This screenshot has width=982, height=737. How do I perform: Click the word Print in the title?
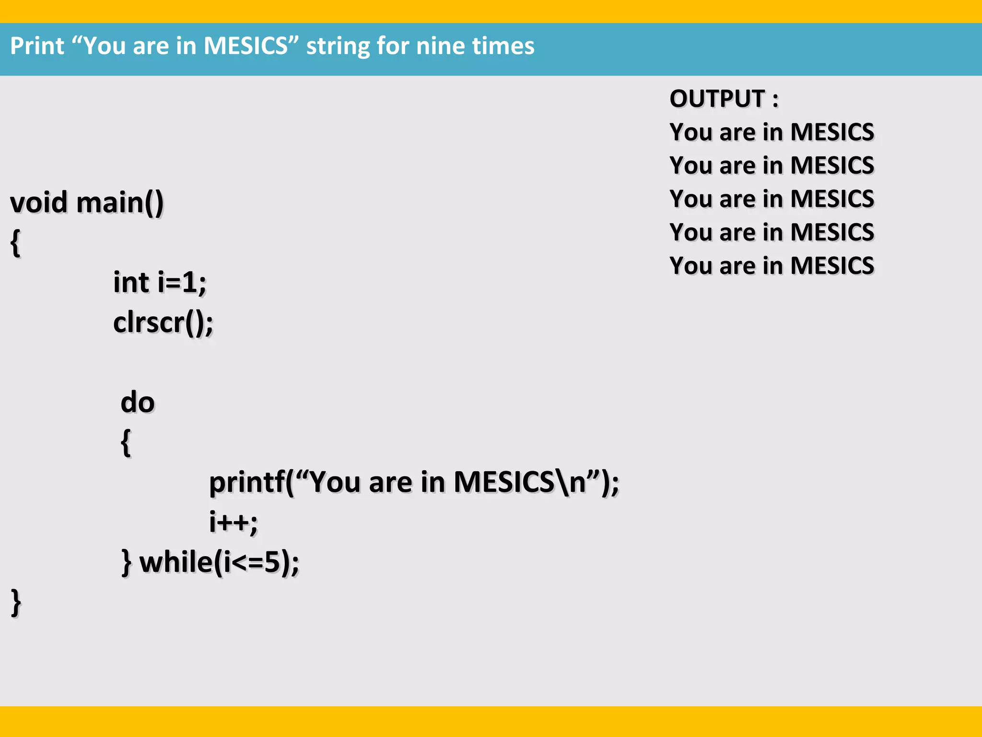tap(37, 47)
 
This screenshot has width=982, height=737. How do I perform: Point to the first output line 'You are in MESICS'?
tap(772, 132)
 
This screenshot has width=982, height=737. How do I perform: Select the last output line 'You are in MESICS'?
tap(772, 265)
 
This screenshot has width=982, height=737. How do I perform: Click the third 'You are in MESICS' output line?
tap(772, 199)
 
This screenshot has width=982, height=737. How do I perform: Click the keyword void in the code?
tap(38, 202)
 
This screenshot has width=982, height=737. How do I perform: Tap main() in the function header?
tap(120, 203)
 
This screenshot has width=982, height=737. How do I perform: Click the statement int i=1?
tap(160, 282)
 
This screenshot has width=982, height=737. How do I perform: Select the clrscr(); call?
tap(163, 322)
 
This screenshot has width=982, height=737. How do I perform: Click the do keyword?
tap(138, 402)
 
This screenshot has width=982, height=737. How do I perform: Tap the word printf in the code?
tap(247, 482)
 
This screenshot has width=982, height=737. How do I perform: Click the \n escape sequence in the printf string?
tap(571, 482)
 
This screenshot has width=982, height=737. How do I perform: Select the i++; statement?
tap(234, 522)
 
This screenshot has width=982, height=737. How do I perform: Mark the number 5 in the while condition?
tap(272, 562)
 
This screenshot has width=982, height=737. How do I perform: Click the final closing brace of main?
tap(16, 602)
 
